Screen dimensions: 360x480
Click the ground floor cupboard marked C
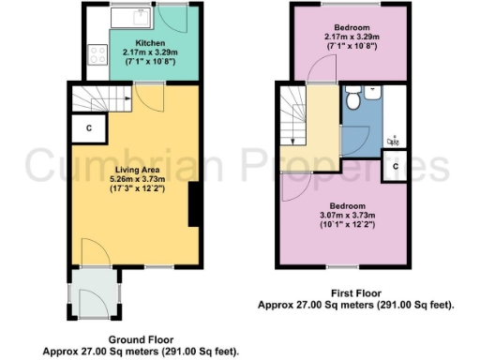tap(88, 127)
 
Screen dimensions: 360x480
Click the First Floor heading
tap(356, 292)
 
